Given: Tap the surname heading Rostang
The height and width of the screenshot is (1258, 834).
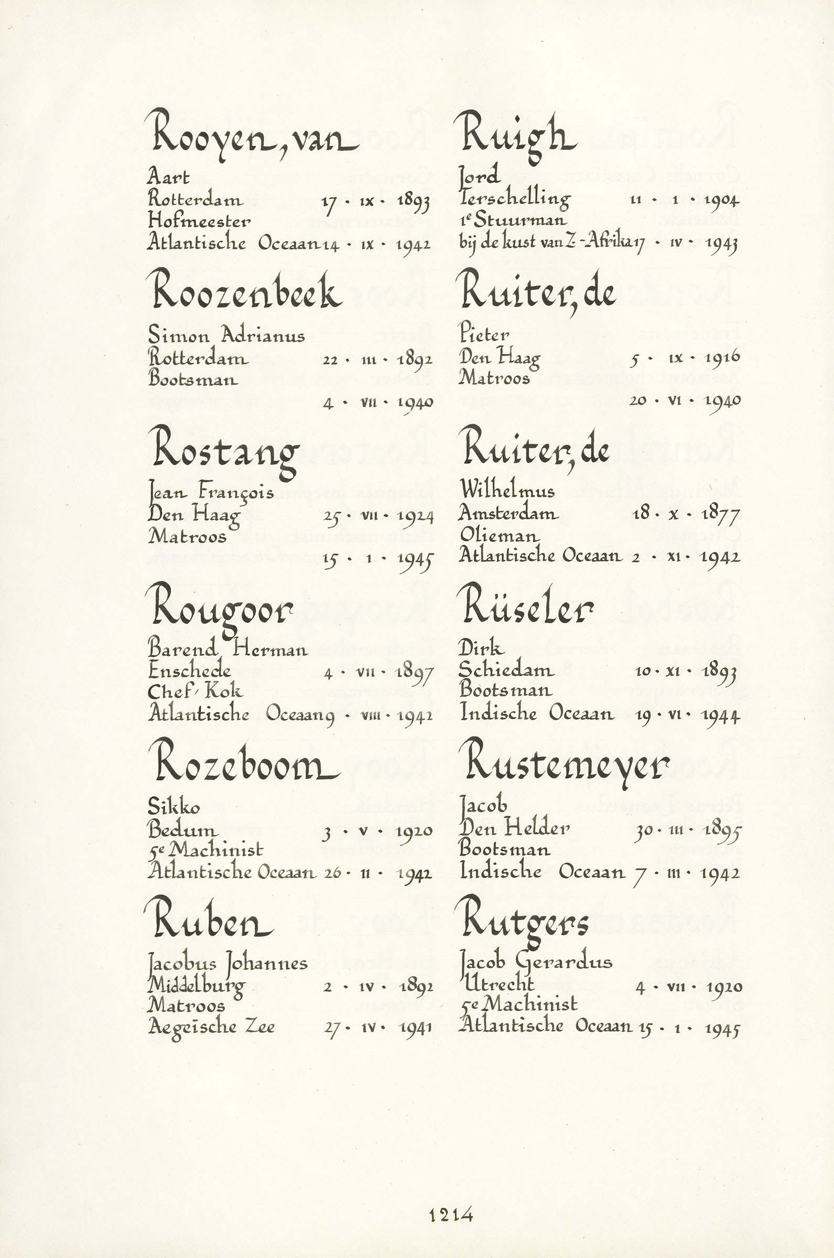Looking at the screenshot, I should coord(226,451).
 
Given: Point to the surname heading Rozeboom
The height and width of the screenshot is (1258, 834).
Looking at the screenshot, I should coord(246,764).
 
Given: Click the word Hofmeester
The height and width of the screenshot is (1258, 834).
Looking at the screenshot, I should coord(200,220).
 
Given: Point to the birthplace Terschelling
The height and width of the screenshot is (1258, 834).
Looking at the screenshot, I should coord(514,199).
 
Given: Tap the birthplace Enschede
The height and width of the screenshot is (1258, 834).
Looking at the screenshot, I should coord(189,670).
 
